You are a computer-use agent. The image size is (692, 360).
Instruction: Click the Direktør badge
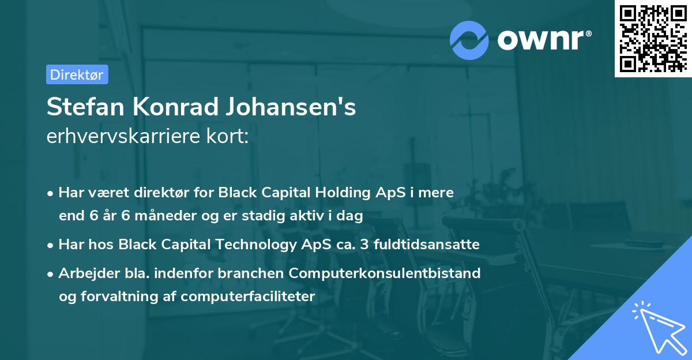(77, 74)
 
